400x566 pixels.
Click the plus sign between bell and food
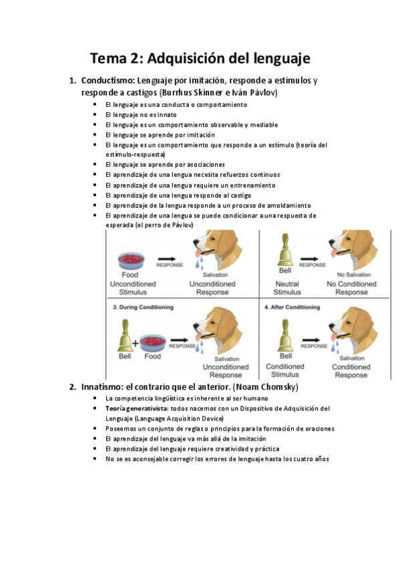pos(135,344)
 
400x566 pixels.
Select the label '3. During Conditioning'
pos(144,307)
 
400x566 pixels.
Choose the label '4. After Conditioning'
pos(294,307)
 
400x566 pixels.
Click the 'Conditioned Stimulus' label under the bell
pos(284,370)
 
